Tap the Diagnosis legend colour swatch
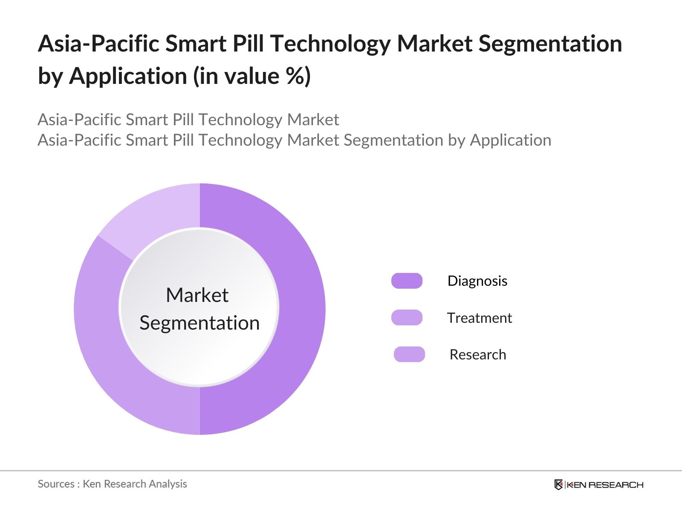tap(407, 281)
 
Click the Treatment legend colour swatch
tap(407, 318)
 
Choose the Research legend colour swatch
tap(409, 354)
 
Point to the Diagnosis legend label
tap(477, 281)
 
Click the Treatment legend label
tap(479, 318)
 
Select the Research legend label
tap(478, 354)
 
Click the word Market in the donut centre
tap(197, 295)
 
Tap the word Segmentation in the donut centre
tap(199, 323)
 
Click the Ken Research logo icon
tap(558, 485)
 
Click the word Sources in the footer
tap(56, 484)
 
